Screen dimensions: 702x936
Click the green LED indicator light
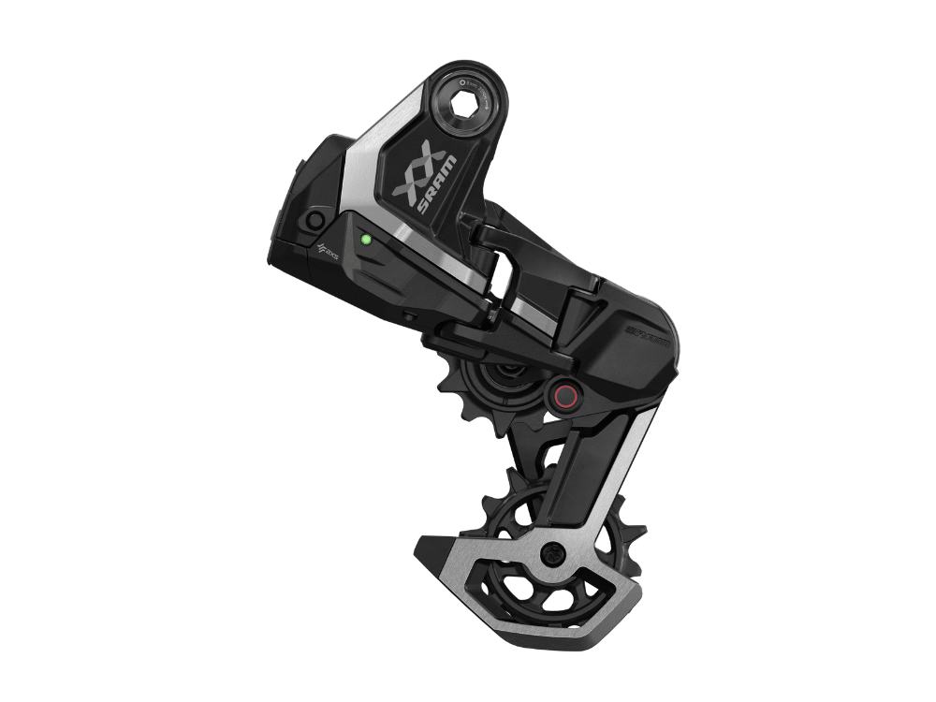coord(366,239)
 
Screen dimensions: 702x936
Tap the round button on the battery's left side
coord(314,221)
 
